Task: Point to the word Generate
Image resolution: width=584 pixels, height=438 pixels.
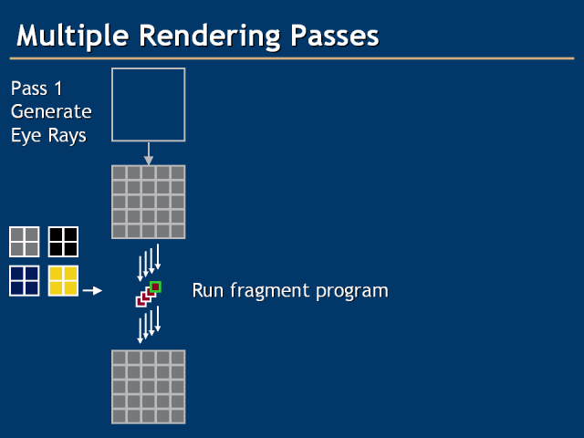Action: pos(51,112)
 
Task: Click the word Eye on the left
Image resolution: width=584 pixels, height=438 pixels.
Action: pos(26,136)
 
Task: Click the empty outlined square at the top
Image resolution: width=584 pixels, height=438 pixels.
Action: pos(148,105)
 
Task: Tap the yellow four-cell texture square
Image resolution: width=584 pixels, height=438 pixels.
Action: pos(63,280)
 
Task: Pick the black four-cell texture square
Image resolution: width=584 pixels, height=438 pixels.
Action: pos(63,242)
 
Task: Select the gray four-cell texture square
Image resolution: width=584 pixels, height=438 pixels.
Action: pos(25,242)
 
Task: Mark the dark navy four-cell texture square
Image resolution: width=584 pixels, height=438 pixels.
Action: pos(25,280)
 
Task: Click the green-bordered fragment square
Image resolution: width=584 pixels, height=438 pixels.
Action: pos(155,287)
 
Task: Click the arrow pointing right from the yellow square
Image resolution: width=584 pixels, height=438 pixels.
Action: pos(91,291)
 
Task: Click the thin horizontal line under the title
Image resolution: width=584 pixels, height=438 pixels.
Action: pos(292,58)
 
